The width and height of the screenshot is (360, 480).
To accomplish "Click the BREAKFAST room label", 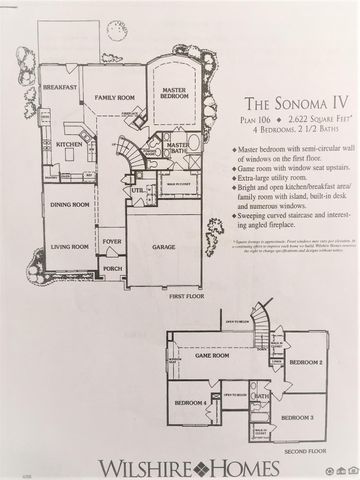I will click(60, 89).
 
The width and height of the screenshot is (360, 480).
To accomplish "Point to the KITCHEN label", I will click(69, 146).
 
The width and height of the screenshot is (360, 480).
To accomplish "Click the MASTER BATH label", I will click(178, 148).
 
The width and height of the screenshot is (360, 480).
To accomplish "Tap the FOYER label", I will click(113, 241).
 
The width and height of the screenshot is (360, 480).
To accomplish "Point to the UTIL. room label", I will click(137, 189).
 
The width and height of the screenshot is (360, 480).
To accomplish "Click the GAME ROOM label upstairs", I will click(214, 382).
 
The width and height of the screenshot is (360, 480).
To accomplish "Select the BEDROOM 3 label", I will click(297, 415).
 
